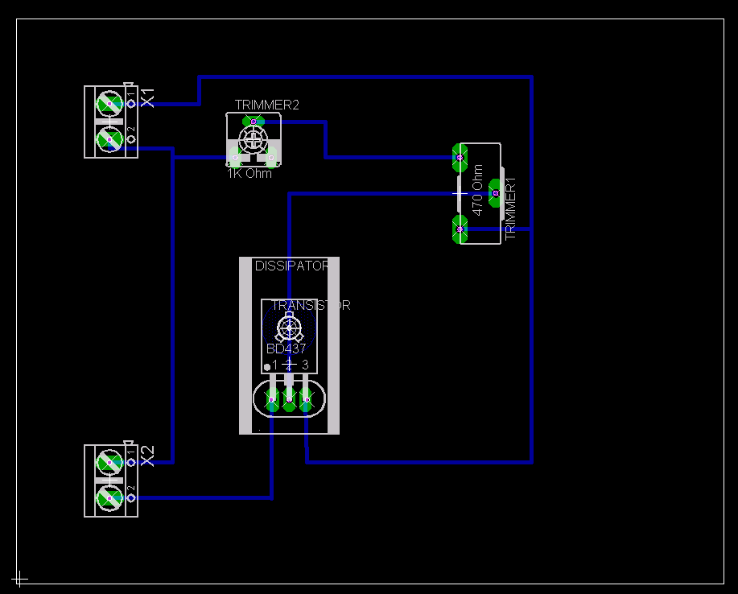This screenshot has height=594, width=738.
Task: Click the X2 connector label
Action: (147, 456)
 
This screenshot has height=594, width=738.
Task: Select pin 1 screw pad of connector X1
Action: (109, 104)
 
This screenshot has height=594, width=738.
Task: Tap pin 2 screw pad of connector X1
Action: (109, 140)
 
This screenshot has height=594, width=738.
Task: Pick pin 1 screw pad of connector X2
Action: (109, 463)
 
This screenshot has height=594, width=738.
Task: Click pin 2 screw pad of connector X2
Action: (109, 498)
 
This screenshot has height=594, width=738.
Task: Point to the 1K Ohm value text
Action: (249, 173)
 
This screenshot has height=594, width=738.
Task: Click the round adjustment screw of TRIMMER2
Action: (254, 139)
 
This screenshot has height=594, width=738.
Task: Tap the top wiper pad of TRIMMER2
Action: (254, 122)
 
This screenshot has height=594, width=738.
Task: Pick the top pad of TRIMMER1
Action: (460, 157)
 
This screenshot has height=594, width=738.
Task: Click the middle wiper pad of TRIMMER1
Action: (496, 193)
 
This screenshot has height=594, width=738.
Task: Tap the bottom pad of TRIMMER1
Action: (460, 229)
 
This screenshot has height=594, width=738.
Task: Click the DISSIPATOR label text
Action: (291, 266)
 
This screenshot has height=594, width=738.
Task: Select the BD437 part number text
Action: (286, 349)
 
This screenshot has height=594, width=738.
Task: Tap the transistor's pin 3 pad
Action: (306, 398)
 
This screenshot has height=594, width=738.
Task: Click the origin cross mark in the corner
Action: (20, 578)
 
